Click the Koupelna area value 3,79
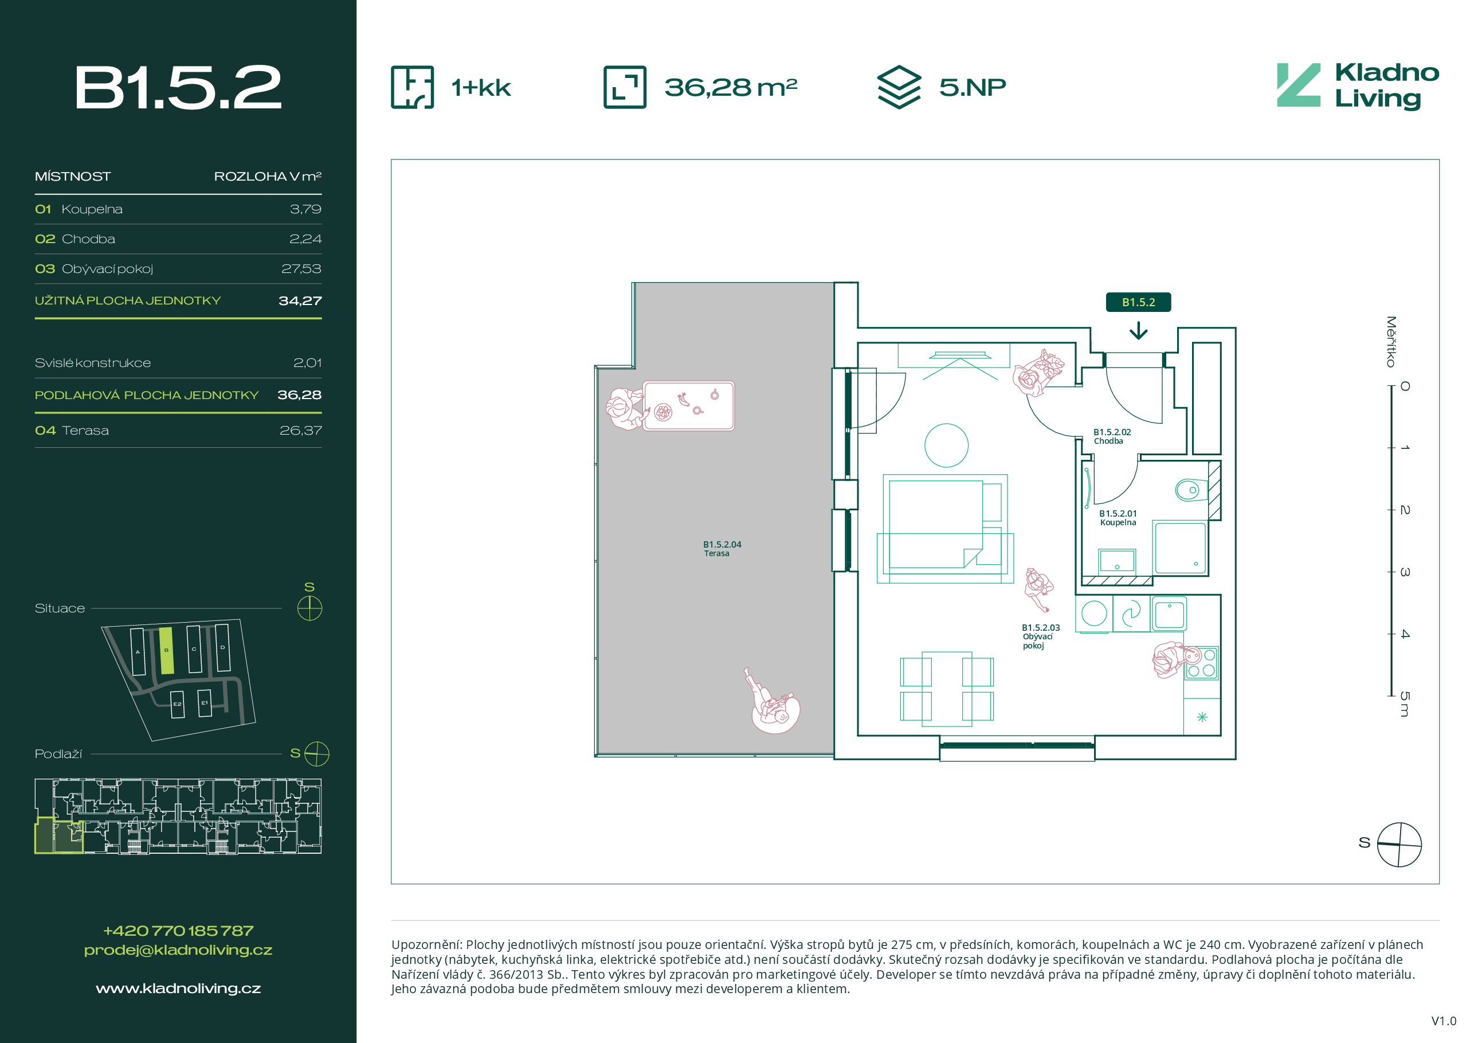pyautogui.click(x=305, y=209)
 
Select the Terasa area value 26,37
pyautogui.click(x=300, y=430)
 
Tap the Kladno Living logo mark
pyautogui.click(x=1298, y=85)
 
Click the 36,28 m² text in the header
pyautogui.click(x=731, y=87)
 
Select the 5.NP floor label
pyautogui.click(x=972, y=87)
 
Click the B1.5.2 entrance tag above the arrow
pyautogui.click(x=1138, y=302)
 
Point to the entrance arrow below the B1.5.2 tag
pyautogui.click(x=1138, y=330)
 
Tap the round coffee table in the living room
pyautogui.click(x=946, y=446)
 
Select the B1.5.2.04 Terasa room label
pyautogui.click(x=722, y=549)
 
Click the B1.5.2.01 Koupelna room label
pyautogui.click(x=1118, y=518)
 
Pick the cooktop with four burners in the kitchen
pyautogui.click(x=1201, y=663)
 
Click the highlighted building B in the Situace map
pyautogui.click(x=166, y=651)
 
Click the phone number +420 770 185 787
pyautogui.click(x=178, y=931)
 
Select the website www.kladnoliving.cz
pyautogui.click(x=178, y=989)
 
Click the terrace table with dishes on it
pyautogui.click(x=688, y=406)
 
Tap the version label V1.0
pyautogui.click(x=1444, y=1021)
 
